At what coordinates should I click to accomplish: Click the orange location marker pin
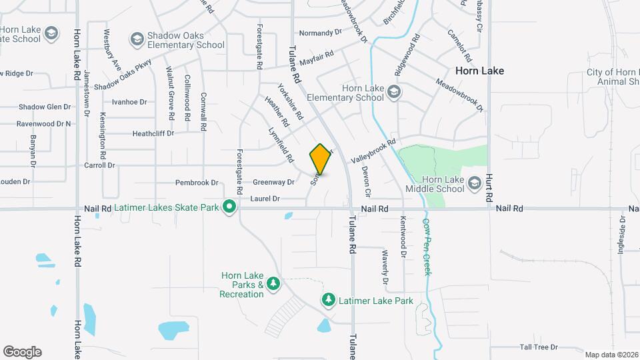[321, 159]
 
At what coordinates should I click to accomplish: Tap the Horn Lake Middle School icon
[474, 183]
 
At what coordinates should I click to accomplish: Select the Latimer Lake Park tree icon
[328, 301]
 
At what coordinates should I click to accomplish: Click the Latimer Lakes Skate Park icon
[229, 207]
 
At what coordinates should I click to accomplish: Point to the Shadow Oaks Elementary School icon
[137, 39]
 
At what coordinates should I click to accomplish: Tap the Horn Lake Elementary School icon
[393, 92]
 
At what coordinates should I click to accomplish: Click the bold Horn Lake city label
[479, 70]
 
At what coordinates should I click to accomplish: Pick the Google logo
[22, 352]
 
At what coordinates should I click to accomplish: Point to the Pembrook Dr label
[197, 183]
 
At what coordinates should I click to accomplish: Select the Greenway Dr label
[273, 182]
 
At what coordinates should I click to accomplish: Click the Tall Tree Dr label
[538, 347]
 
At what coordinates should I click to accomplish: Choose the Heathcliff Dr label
[153, 133]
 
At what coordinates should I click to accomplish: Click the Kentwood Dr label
[403, 236]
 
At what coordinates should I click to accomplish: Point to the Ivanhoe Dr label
[129, 102]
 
